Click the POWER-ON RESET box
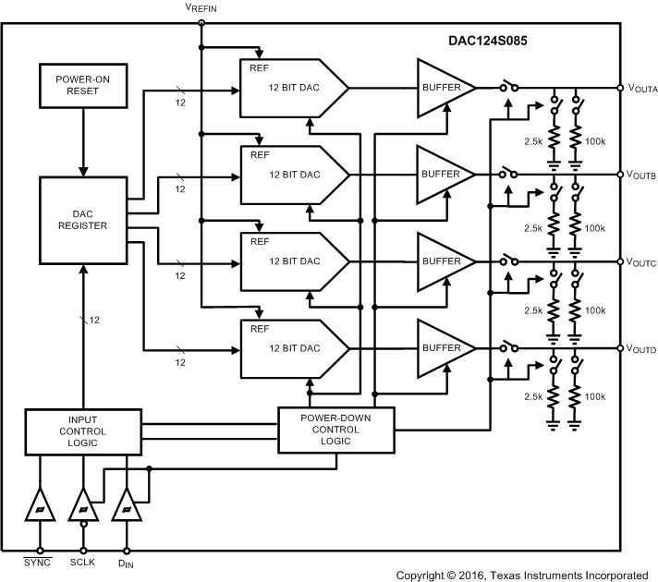coord(84,85)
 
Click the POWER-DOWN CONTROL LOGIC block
coord(336,429)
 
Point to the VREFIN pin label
coord(201,7)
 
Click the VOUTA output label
coord(641,89)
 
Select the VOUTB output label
coord(641,176)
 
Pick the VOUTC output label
coord(641,262)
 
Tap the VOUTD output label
coord(641,349)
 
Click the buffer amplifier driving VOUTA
coord(442,88)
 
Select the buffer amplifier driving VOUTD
coord(442,348)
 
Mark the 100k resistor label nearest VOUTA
coord(594,140)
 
